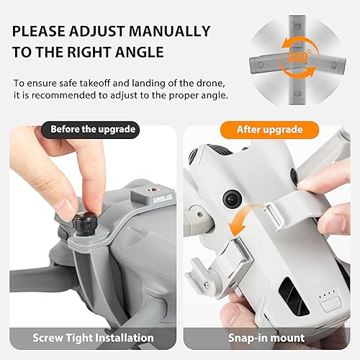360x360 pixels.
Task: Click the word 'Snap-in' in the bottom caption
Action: click(241, 337)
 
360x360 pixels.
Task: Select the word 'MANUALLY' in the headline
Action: click(171, 32)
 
